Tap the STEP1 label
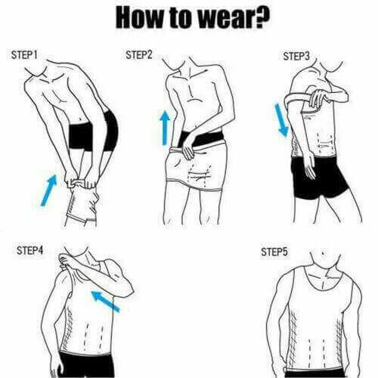27,55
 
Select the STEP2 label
139,54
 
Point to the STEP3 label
296,56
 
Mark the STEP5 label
274,250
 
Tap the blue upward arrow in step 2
164,128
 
